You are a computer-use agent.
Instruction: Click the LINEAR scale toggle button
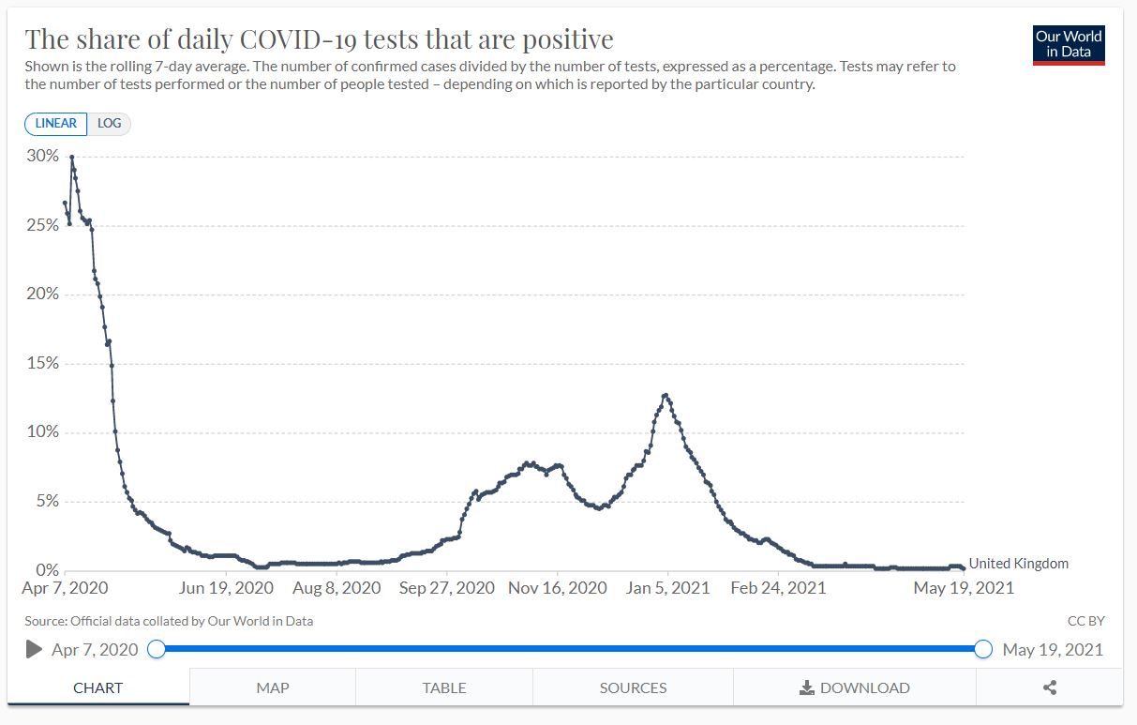(x=56, y=124)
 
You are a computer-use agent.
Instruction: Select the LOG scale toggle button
(x=109, y=124)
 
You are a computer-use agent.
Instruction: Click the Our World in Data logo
(x=1069, y=44)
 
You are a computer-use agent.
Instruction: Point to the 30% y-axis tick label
(x=42, y=156)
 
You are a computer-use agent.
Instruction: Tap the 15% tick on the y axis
(x=42, y=363)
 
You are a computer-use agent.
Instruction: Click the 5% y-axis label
(x=46, y=501)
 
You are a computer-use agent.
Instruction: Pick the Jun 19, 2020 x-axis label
(x=226, y=588)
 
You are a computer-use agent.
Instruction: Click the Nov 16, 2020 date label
(x=558, y=588)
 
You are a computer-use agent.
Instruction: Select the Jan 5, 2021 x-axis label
(x=668, y=588)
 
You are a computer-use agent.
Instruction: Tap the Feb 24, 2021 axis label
(x=778, y=588)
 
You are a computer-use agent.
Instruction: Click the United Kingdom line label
(x=1018, y=564)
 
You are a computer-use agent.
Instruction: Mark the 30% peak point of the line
(x=72, y=157)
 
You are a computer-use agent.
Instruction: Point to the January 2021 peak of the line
(x=666, y=395)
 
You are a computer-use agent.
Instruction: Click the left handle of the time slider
(x=157, y=649)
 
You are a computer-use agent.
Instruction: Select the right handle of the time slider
(x=982, y=649)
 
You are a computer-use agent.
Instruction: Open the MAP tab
(x=273, y=687)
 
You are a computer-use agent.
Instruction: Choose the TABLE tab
(x=444, y=687)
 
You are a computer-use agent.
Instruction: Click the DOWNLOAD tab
(x=854, y=687)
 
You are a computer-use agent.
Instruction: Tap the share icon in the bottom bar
(x=1050, y=687)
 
